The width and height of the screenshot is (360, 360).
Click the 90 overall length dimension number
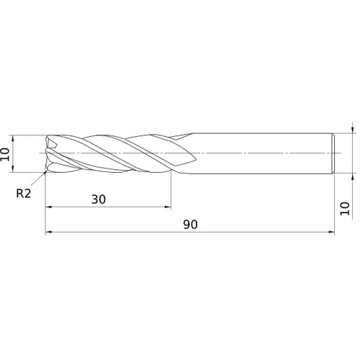click(190, 224)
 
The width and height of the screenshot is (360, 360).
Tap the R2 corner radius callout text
click(24, 193)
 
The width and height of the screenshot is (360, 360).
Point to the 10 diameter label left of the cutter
click(7, 153)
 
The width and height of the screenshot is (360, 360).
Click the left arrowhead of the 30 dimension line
click(49, 207)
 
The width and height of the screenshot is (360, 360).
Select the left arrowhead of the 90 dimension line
click(49, 233)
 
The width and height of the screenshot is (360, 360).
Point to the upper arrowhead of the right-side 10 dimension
click(352, 130)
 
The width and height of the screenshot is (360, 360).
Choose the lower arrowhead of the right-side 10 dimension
click(352, 176)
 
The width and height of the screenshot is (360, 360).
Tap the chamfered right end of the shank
click(333, 153)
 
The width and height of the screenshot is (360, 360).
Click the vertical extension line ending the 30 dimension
click(171, 191)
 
